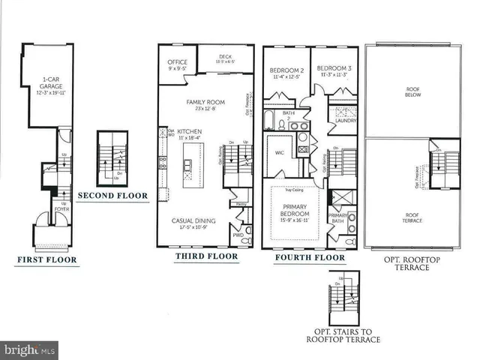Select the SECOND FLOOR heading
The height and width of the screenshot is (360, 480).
[x=112, y=196]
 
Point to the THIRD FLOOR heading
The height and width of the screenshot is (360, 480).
[x=206, y=256]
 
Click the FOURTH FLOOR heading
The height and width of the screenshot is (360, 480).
[x=310, y=258]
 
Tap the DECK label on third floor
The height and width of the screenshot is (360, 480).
[x=226, y=57]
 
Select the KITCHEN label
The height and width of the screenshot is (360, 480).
[x=189, y=132]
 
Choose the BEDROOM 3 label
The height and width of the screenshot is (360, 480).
[x=331, y=72]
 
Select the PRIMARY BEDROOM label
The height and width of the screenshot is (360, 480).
[x=295, y=211]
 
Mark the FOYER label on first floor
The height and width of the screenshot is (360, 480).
[x=62, y=209]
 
